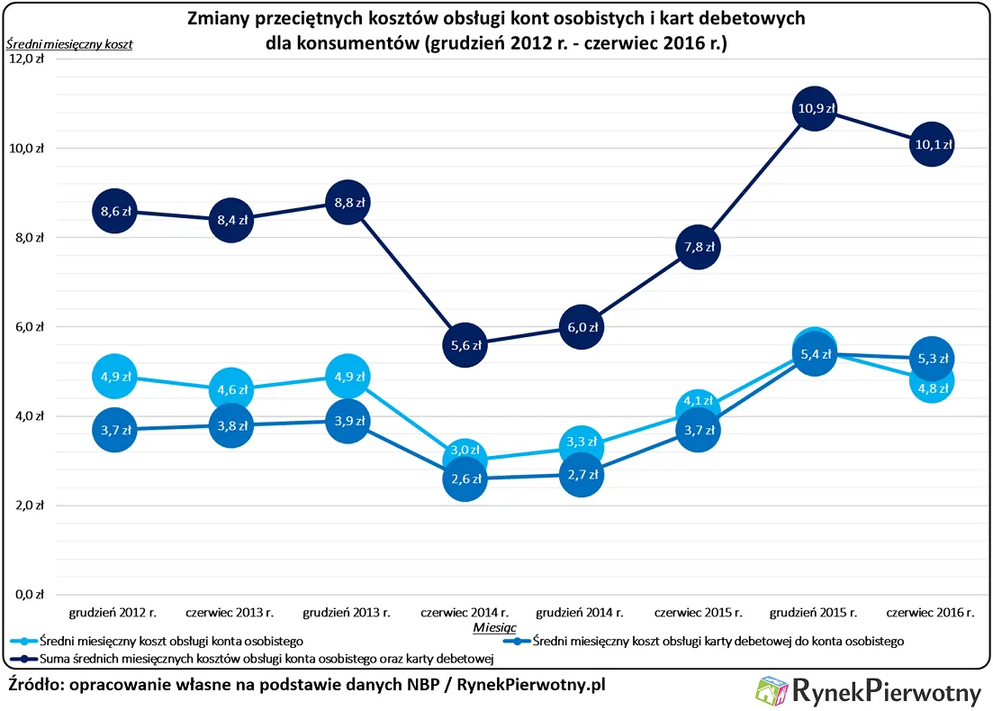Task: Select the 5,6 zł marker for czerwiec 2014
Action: [465, 344]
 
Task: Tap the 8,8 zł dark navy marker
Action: [348, 203]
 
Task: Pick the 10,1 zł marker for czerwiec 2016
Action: [931, 144]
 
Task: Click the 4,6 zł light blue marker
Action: [230, 389]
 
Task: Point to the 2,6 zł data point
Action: [465, 479]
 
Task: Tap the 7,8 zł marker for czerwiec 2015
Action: [698, 247]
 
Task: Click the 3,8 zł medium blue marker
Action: [230, 425]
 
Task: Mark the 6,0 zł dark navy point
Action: [581, 327]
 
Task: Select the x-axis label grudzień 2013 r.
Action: [347, 613]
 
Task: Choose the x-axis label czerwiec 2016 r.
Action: [930, 613]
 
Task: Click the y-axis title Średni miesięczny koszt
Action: [69, 43]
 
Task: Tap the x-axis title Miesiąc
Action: [494, 625]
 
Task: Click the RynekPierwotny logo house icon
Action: [772, 691]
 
